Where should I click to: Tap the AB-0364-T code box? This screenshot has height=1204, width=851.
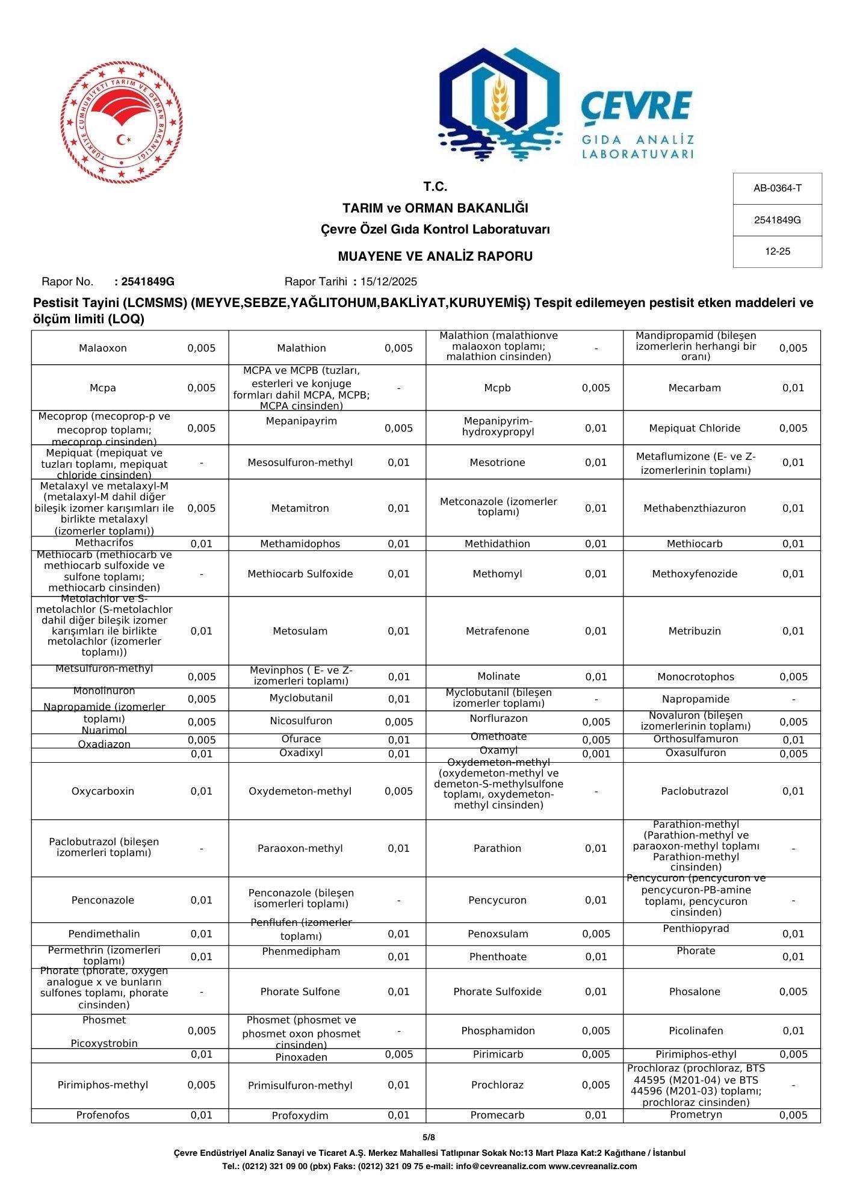click(777, 188)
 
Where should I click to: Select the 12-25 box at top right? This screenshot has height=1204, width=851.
click(777, 252)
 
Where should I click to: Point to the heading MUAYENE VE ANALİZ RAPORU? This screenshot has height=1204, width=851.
click(435, 256)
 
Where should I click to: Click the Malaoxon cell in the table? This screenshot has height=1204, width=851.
click(102, 348)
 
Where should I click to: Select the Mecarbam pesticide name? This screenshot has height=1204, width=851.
click(694, 388)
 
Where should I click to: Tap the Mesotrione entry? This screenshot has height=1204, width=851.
click(497, 462)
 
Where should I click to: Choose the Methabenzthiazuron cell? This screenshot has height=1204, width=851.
click(694, 508)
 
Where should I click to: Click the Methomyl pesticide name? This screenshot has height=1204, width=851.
click(497, 574)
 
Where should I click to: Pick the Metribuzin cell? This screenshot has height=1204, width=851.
click(694, 631)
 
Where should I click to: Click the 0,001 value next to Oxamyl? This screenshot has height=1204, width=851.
click(595, 754)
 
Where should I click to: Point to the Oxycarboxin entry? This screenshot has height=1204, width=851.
click(102, 791)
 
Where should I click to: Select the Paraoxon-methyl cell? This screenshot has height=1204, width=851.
click(300, 848)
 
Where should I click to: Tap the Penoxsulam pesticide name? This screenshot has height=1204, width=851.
click(497, 934)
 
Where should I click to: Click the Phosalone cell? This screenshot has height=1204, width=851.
click(694, 991)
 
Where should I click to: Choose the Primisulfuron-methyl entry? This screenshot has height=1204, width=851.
click(300, 1085)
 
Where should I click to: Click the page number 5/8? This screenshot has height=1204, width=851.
click(429, 1137)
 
